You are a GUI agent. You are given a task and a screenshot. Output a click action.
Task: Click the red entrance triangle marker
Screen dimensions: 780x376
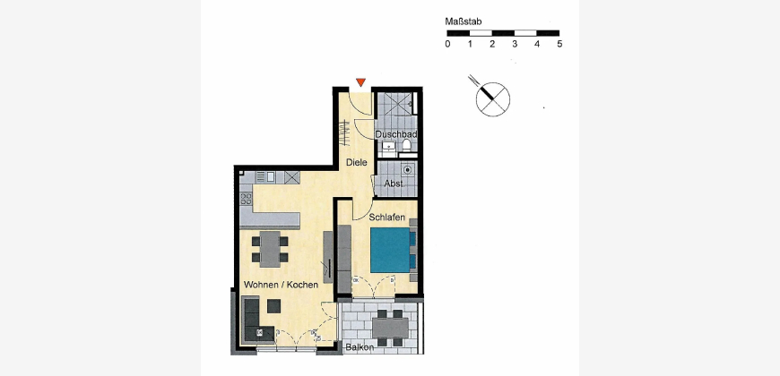point(360,82)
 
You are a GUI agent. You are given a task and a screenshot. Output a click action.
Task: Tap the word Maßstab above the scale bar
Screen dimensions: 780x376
point(463,21)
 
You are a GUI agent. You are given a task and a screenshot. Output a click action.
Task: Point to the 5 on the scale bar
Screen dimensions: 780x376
point(559,44)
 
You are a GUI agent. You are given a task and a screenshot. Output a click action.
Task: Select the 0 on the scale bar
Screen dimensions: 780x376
point(447,44)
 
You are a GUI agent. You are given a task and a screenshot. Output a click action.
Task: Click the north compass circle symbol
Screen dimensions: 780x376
point(492,98)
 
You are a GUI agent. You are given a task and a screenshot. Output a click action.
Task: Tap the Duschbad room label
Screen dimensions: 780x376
point(396,134)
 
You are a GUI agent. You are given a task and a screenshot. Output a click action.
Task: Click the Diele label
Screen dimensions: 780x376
point(357,162)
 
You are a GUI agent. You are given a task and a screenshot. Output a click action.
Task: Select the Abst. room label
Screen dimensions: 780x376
point(394,184)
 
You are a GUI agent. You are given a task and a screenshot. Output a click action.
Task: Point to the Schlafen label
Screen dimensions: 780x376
point(386,217)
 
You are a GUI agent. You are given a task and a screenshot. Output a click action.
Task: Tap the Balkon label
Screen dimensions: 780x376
point(360,347)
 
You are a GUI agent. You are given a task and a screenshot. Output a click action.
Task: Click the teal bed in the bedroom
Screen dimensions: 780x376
point(393,250)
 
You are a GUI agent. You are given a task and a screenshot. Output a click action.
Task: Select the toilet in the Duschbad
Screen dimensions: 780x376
point(406,145)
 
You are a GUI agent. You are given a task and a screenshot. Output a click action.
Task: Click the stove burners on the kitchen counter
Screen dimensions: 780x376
point(246,199)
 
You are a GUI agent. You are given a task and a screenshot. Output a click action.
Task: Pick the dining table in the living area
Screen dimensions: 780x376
point(270,250)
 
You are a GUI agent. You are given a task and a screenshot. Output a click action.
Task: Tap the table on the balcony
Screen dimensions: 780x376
point(391,328)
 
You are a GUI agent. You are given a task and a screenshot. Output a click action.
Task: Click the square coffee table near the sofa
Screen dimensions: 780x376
point(273,305)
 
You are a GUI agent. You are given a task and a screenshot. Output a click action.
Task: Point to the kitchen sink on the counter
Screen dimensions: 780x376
point(271,175)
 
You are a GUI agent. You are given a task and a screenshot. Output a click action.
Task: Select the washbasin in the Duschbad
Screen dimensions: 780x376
point(388,147)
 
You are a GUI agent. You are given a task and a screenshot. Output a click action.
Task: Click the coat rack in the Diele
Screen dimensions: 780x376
point(343,132)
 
